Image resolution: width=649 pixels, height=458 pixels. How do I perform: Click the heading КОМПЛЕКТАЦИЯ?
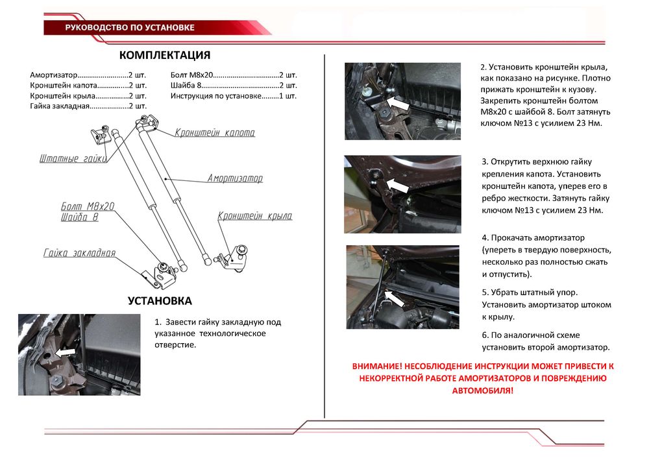(x=165, y=55)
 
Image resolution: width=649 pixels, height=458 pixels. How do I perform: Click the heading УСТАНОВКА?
(x=160, y=301)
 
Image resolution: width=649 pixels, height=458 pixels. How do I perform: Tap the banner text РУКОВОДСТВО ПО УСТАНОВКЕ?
(x=130, y=27)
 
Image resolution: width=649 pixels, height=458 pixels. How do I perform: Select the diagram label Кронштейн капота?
(x=215, y=133)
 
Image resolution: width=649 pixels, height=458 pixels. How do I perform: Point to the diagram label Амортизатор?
(x=235, y=178)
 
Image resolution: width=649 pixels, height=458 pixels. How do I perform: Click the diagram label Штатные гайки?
(x=71, y=159)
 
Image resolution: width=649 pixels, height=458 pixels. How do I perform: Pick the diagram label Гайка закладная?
(x=80, y=253)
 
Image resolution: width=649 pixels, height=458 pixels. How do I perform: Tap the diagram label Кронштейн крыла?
(x=255, y=216)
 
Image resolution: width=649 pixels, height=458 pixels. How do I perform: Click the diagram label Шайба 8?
(x=79, y=218)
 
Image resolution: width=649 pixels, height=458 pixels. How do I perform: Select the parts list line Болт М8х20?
(x=234, y=75)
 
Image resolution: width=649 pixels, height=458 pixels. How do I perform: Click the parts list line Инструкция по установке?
(x=234, y=96)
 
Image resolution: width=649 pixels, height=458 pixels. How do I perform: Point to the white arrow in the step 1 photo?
(x=64, y=352)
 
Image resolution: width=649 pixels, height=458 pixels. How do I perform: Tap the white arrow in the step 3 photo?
(x=397, y=186)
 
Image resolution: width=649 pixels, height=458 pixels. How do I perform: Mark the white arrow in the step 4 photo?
(x=394, y=298)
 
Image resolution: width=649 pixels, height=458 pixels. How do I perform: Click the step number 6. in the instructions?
(x=485, y=335)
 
